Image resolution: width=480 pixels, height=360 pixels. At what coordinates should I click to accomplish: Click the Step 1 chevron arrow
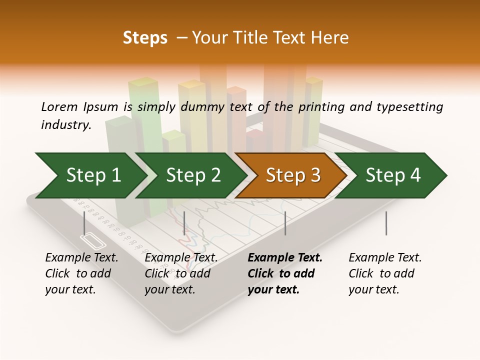(92, 175)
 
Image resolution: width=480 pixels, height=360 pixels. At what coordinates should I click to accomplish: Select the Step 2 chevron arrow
(192, 175)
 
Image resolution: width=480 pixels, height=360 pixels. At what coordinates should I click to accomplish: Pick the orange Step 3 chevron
(292, 175)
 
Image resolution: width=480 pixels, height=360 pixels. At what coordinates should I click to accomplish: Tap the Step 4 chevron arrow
(392, 175)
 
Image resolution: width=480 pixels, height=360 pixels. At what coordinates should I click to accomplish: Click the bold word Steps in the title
(145, 38)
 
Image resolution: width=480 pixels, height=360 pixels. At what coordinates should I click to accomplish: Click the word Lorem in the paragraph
(59, 106)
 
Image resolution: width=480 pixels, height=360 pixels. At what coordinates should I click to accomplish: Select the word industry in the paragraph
(66, 125)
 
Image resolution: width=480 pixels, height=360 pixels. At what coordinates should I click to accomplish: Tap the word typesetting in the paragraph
(409, 106)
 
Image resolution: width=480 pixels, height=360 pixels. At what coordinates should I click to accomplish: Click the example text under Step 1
(81, 273)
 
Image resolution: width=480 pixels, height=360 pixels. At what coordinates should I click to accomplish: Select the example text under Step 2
(181, 273)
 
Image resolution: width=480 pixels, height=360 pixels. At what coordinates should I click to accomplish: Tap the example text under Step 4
(385, 273)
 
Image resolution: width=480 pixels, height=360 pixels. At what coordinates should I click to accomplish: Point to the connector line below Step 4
(386, 223)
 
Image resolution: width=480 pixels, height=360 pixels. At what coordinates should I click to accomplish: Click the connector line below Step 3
(285, 223)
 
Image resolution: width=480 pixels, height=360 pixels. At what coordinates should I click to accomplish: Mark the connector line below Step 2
(184, 223)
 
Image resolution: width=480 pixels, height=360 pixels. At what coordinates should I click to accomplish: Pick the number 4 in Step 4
(415, 175)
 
